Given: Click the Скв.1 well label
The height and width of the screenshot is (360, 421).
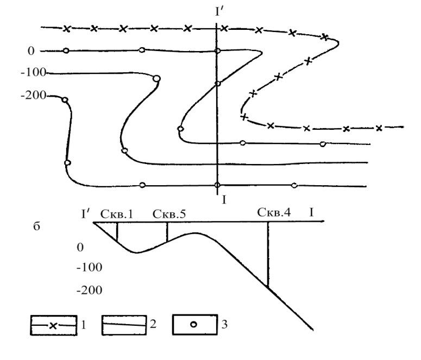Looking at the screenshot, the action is pos(117,214).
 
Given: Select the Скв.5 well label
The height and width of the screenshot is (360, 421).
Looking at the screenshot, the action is pos(169,214).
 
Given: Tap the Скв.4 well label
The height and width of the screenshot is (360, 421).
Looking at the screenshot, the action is pos(274,212).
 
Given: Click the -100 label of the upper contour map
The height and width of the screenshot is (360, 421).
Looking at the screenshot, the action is pos(34,72).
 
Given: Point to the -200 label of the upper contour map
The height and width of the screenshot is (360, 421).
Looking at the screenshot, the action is pos(34,96).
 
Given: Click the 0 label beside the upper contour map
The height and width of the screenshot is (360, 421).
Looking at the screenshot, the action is pos(31,50).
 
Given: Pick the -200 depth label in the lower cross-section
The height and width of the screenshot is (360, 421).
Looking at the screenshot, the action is pos(90,290).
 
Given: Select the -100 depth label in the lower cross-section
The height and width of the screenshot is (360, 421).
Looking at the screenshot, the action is pos(90,267).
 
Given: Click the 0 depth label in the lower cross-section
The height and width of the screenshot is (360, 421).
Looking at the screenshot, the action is pos(80,247).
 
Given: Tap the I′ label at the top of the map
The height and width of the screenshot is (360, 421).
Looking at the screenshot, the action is pos(219,12).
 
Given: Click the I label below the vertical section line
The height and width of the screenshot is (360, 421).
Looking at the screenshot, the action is pos(224,200).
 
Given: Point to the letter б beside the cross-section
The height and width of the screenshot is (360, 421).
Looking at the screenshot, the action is pos(36,226).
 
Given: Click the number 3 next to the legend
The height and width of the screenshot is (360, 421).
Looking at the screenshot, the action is pos(224,325).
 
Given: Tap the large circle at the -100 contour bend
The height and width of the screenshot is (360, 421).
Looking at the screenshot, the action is pos(156,78).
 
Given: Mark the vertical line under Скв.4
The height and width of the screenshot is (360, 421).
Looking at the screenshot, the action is pos(268,255).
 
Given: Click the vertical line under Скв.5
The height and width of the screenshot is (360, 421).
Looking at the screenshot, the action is pos(167,232).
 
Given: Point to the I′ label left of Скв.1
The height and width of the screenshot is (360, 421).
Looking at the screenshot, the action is pos(85,214).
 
